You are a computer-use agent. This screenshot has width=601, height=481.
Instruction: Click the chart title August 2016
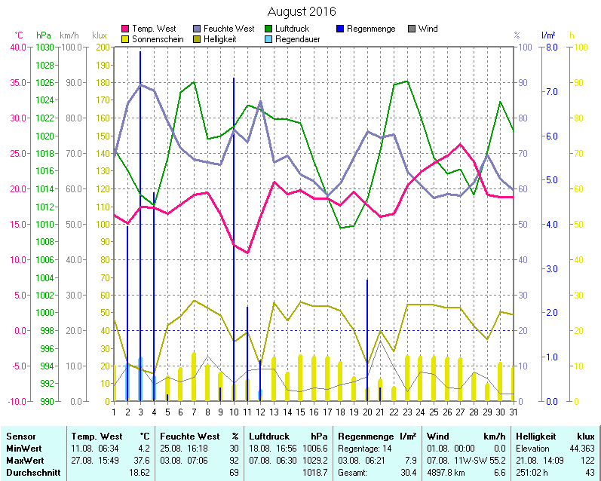point(302,11)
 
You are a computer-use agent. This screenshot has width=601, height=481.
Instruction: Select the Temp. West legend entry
point(153,29)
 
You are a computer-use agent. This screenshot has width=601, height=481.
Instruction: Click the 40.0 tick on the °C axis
point(17,47)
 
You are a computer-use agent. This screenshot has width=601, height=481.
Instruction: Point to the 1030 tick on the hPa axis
point(44,47)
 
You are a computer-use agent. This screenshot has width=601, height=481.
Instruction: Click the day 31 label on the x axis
point(513,411)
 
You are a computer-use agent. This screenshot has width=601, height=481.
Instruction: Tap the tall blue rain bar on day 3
point(140,226)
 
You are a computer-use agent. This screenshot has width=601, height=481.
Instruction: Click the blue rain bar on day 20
point(367,339)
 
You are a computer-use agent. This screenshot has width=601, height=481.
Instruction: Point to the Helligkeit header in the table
point(535,437)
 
